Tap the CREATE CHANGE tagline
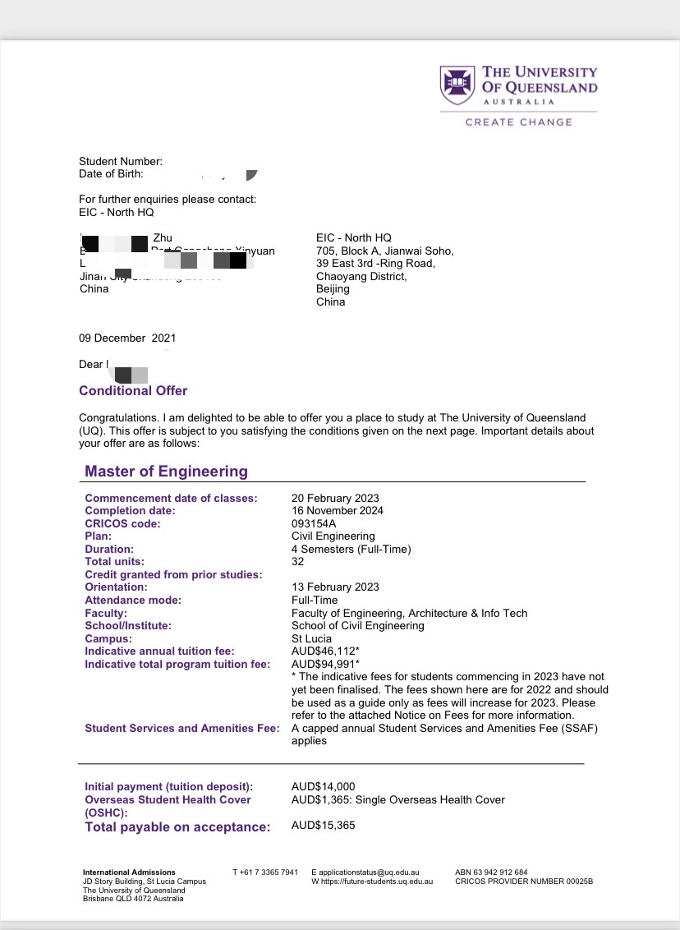point(518,122)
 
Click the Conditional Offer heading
point(133,391)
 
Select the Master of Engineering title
point(166,472)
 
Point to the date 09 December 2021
point(127,338)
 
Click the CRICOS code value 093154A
point(314,523)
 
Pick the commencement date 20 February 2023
point(335,498)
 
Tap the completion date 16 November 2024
point(337,511)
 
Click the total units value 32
point(297,562)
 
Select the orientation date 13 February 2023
point(335,587)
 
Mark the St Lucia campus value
point(311,638)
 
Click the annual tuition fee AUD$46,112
point(325,651)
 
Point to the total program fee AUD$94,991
point(325,664)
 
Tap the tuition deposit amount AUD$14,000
point(323,787)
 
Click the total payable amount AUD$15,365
point(323,826)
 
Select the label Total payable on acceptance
point(177,827)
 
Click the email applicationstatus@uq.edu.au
point(370,872)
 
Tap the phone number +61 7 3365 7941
point(265,872)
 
